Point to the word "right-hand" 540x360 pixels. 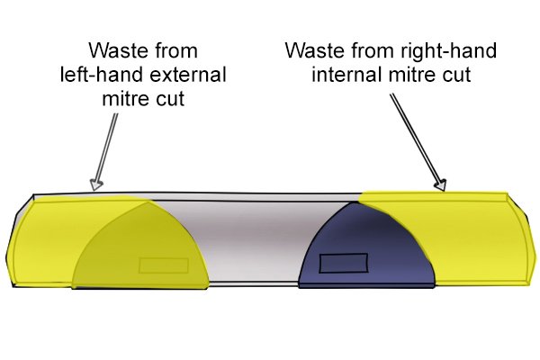tap(448, 51)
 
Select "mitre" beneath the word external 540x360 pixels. tap(127, 98)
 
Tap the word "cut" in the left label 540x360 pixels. tap(170, 99)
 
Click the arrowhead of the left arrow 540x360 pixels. tap(96, 184)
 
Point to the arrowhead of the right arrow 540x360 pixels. tap(440, 185)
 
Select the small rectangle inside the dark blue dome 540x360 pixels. tap(344, 263)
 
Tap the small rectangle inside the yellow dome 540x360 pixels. tap(164, 265)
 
